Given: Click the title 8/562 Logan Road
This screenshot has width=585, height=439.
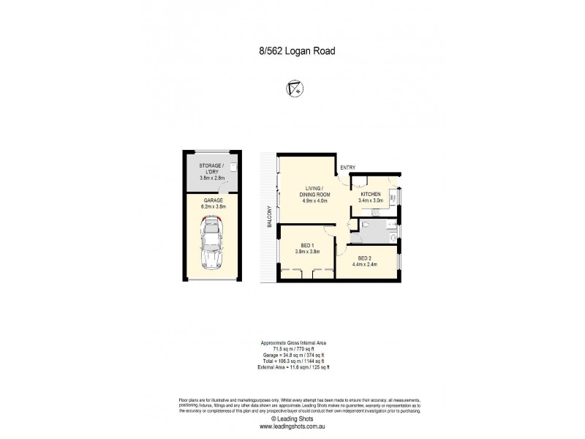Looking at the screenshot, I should [292, 51].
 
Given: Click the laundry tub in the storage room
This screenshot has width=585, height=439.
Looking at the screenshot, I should [232, 167].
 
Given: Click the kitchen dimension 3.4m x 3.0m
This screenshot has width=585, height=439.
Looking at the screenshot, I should [371, 200].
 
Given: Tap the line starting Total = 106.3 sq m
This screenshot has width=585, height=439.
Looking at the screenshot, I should [292, 361].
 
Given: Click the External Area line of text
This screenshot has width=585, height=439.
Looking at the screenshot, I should [292, 367].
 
